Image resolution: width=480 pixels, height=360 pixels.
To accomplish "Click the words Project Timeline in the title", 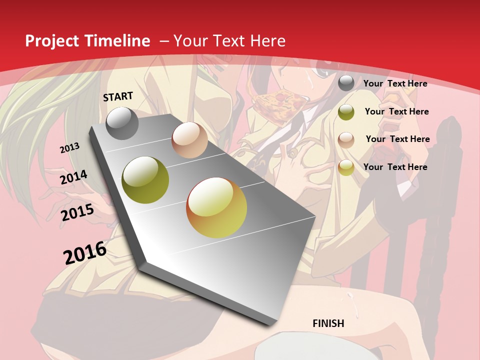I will (87, 41).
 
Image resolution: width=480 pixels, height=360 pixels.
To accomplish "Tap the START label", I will (118, 96).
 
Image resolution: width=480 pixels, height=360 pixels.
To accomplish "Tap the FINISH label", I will (328, 323).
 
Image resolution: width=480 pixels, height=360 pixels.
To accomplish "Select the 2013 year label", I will (70, 148).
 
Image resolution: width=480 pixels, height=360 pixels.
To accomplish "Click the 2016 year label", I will (85, 252).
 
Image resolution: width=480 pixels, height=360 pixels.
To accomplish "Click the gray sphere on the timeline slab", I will (122, 123).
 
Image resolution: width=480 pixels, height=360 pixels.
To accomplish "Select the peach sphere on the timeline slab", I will (189, 140).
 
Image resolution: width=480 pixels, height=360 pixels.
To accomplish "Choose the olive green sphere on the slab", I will (145, 180).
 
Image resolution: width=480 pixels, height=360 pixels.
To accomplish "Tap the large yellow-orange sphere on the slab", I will (216, 207).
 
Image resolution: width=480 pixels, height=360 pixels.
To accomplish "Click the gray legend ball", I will (346, 83).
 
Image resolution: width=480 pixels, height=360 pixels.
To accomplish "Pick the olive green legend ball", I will (346, 112).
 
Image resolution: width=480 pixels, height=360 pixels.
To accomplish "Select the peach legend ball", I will (346, 139).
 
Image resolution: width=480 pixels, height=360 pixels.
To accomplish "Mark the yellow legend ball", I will (346, 167).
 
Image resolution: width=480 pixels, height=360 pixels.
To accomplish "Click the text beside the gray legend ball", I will (395, 83).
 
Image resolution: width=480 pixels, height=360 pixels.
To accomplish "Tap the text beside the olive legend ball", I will (396, 111).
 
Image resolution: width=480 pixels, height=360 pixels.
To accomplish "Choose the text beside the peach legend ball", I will (397, 139).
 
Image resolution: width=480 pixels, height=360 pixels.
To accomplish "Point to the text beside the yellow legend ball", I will (395, 167).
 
